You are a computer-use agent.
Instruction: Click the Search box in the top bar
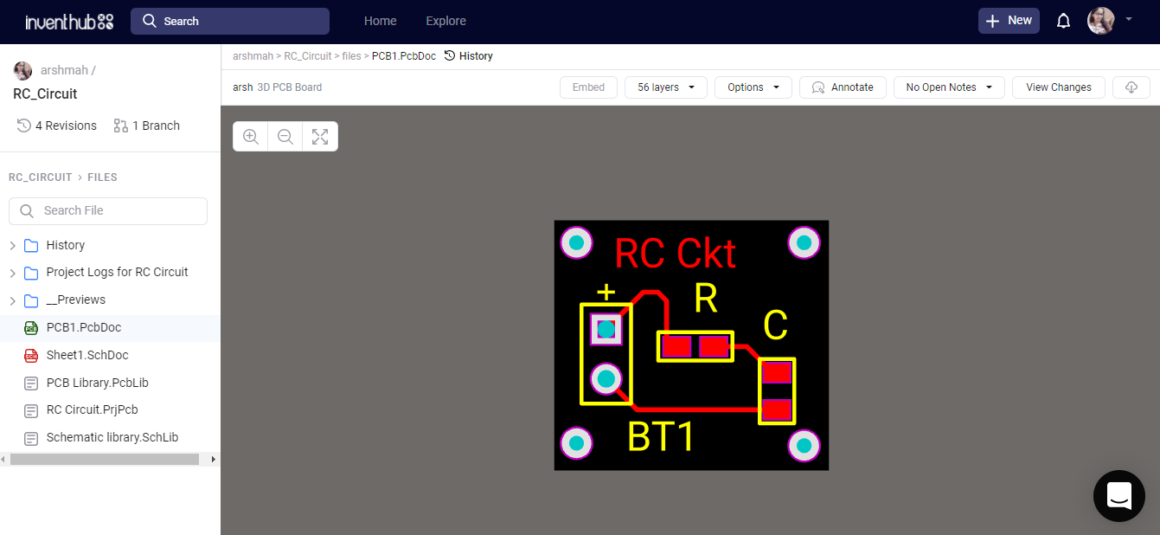(x=230, y=21)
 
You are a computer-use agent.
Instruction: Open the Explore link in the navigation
(x=445, y=21)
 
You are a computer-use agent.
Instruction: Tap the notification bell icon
(x=1064, y=21)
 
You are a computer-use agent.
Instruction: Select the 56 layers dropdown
(x=666, y=87)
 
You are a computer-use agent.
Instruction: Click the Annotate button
(x=843, y=87)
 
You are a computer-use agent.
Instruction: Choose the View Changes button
(x=1058, y=87)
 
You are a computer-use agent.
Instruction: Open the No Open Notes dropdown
(x=948, y=87)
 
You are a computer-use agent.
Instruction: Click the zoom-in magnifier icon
(x=251, y=137)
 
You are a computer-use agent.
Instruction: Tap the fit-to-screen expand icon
(x=320, y=137)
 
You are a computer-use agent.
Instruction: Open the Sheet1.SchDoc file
(x=87, y=355)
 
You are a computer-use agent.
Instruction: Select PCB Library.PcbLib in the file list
(x=97, y=383)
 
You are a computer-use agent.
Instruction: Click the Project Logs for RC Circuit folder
(x=117, y=272)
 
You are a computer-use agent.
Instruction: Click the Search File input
(x=108, y=210)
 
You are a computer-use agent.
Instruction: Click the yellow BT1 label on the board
(x=662, y=437)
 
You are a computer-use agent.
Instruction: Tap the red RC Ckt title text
(x=675, y=254)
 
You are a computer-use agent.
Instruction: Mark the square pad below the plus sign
(x=606, y=329)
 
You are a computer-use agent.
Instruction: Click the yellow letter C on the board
(x=775, y=326)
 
